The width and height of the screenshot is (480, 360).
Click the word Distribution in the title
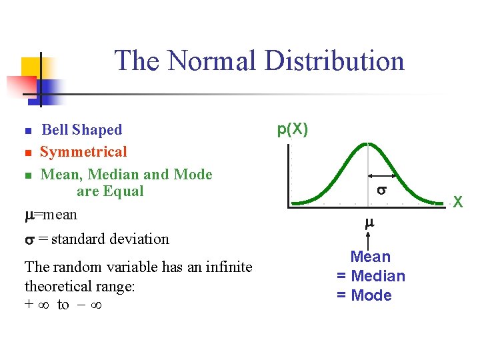click(x=334, y=61)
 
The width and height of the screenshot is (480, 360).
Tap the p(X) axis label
click(x=292, y=129)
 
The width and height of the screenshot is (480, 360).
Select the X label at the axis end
click(x=458, y=201)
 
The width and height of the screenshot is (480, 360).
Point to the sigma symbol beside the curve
click(x=381, y=190)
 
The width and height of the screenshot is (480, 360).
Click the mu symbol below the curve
click(x=369, y=225)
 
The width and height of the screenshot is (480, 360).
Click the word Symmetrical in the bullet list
click(x=83, y=152)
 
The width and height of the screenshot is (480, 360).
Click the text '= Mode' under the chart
click(x=364, y=295)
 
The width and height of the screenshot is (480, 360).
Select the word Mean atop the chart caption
click(x=371, y=257)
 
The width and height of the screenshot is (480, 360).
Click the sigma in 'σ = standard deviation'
click(x=29, y=239)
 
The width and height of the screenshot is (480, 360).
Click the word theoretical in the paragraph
click(x=61, y=286)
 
